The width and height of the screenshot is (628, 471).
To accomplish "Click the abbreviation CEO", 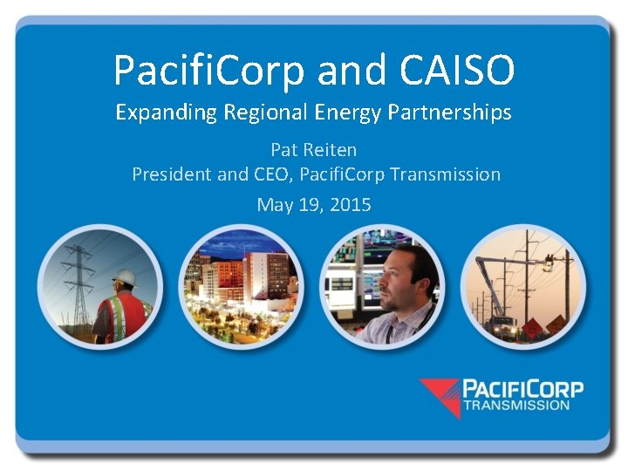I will point(271,174).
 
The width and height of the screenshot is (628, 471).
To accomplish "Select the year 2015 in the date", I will point(351,205).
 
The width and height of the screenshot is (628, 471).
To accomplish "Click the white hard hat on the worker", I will point(126,278).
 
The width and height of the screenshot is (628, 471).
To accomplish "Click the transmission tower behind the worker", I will point(80,279).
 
